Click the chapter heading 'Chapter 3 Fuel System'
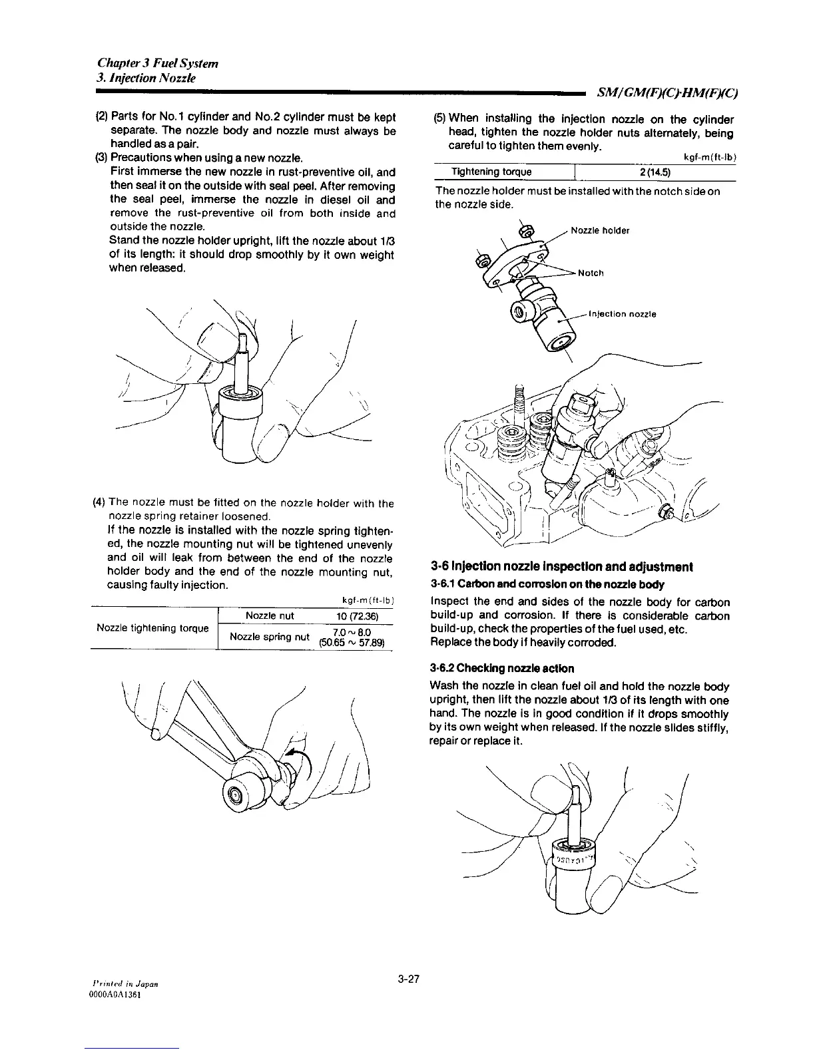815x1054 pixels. tap(158, 64)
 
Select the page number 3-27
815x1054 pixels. tap(407, 979)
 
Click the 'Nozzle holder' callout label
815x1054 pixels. tap(600, 231)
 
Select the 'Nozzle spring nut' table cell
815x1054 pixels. tap(269, 637)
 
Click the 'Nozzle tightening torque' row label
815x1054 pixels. tap(153, 628)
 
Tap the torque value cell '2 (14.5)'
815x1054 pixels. tap(654, 172)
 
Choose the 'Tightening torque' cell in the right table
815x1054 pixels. tap(492, 172)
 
